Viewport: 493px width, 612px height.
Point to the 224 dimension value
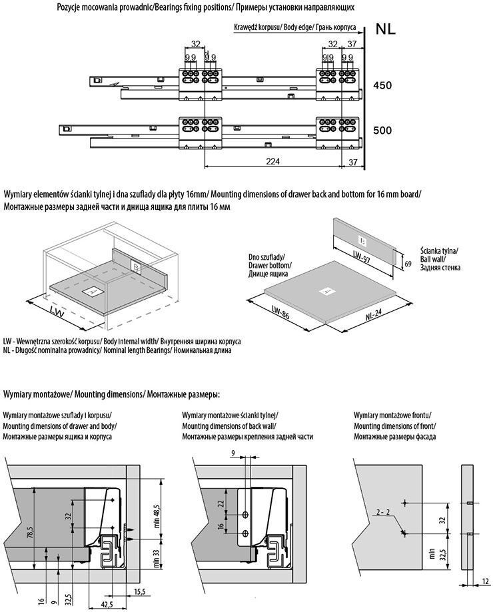point(273,160)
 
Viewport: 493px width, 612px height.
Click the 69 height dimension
point(408,264)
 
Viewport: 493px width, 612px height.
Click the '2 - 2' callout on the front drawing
point(382,512)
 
